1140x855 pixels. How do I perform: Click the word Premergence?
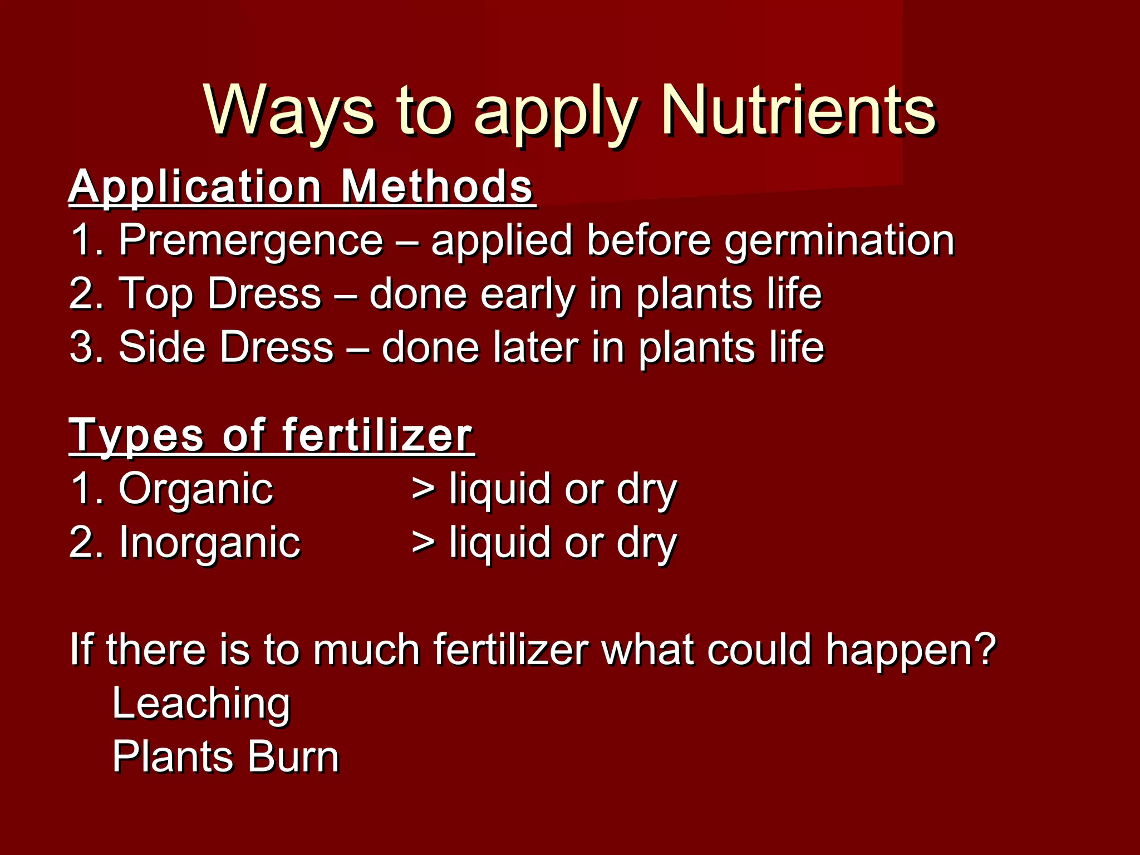251,240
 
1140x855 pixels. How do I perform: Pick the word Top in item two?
155,294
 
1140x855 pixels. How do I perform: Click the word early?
528,294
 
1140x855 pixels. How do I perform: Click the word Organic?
195,489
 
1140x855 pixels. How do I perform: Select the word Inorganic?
209,542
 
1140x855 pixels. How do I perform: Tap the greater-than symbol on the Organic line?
424,489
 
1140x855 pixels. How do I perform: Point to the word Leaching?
201,703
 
